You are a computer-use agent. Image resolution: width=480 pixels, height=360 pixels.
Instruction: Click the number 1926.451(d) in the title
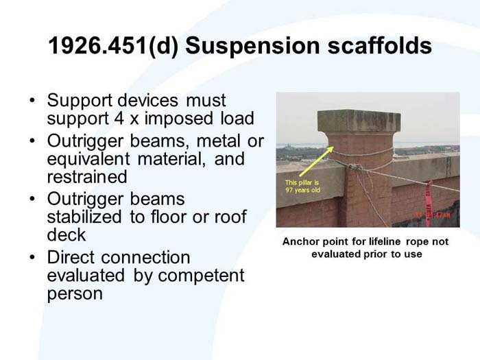tap(112, 46)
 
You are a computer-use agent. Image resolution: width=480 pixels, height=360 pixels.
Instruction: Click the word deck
tap(67, 235)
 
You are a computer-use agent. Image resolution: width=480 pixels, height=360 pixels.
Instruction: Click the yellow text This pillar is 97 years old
tap(302, 186)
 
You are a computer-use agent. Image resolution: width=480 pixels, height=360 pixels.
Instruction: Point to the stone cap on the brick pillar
tap(359, 121)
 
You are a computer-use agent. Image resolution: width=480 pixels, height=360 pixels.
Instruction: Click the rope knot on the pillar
tap(353, 167)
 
